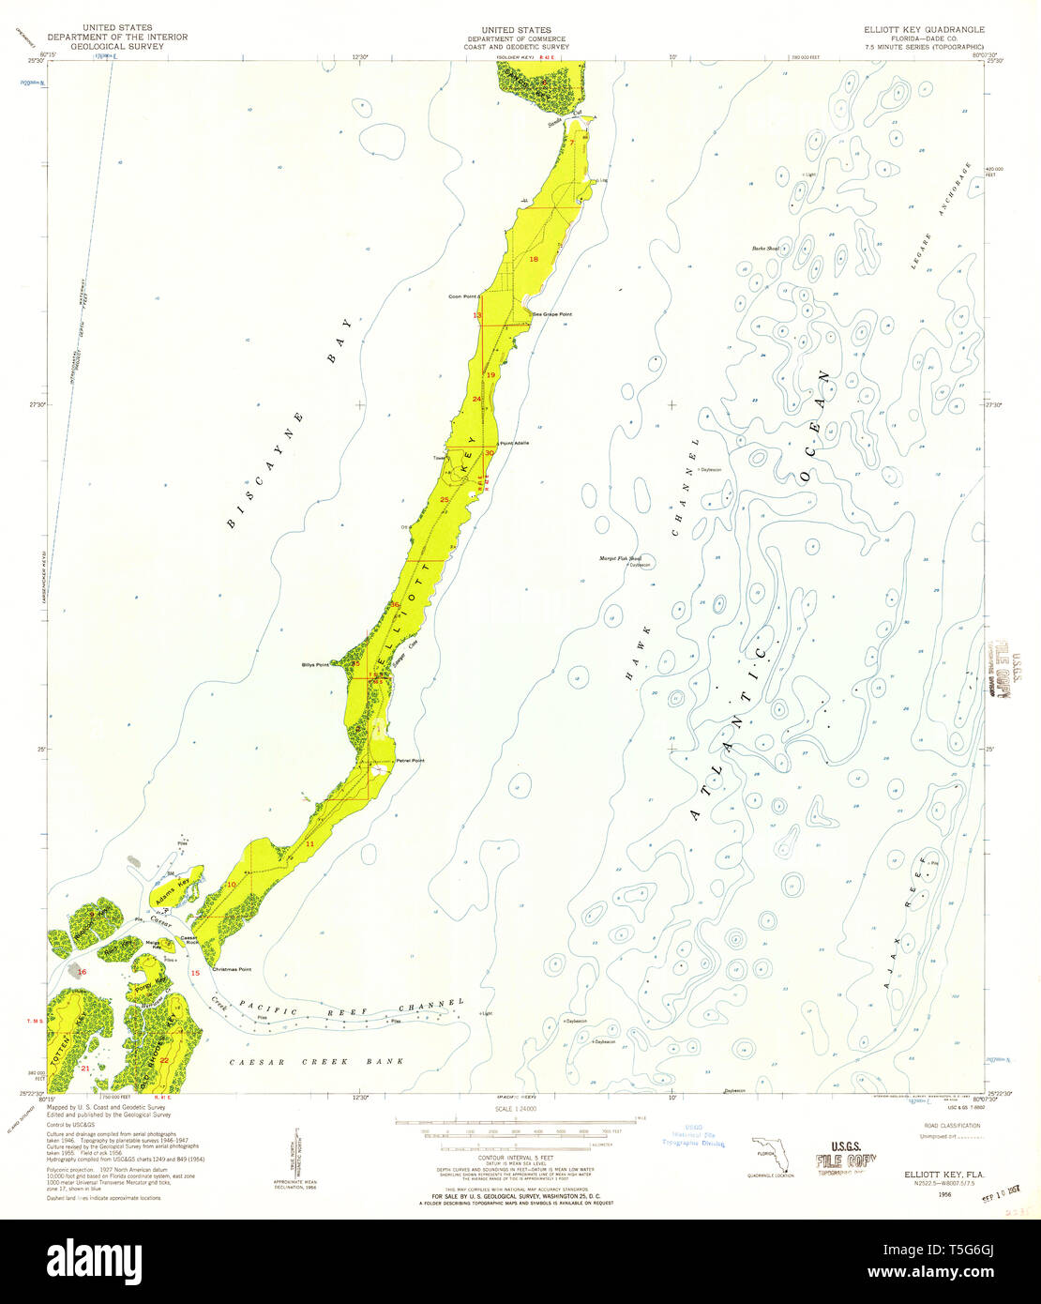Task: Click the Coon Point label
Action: [x=464, y=296]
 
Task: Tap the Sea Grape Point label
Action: [x=551, y=314]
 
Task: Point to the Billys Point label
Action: [x=315, y=665]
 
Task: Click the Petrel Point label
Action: [x=410, y=760]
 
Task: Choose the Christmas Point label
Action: [x=232, y=969]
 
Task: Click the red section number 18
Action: [x=534, y=259]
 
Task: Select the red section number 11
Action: [x=309, y=844]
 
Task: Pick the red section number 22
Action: [x=164, y=1060]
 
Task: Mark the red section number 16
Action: [x=82, y=972]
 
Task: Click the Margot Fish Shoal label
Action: [x=620, y=558]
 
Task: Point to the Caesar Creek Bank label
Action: [x=317, y=1062]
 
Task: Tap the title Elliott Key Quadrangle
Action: [x=924, y=29]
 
